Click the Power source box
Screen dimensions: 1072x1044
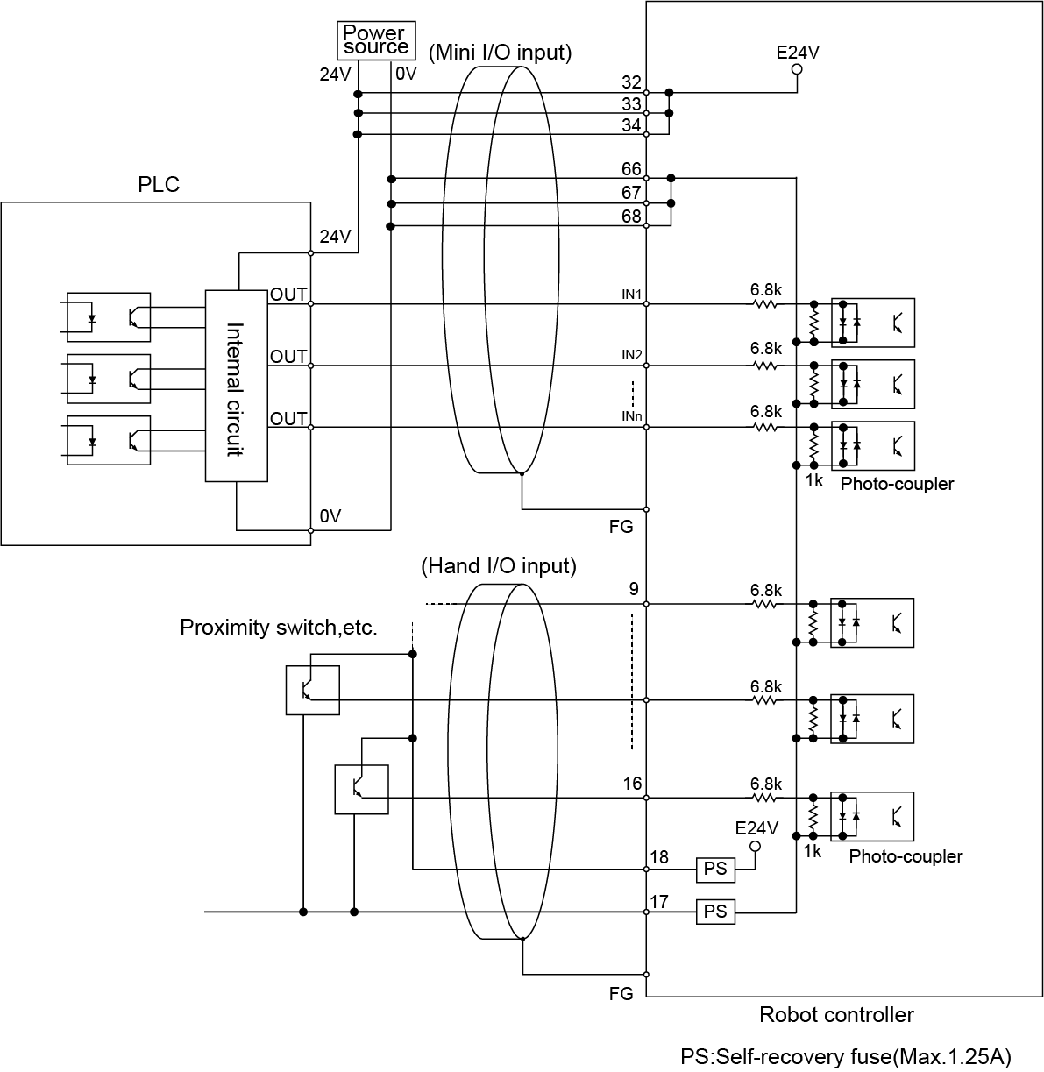point(376,40)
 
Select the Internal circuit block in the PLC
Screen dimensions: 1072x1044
point(236,386)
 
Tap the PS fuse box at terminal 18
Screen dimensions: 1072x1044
point(715,869)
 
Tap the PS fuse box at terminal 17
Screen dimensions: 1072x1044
point(715,912)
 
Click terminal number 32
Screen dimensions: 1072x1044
point(631,82)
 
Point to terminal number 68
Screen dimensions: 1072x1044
point(631,216)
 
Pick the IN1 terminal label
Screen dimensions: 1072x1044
point(632,294)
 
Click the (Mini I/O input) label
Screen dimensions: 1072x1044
point(500,53)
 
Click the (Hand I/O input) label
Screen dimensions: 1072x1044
point(499,566)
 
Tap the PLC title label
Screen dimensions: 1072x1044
point(159,184)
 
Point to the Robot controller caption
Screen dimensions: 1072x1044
point(836,1015)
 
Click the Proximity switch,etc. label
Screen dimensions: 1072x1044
point(278,628)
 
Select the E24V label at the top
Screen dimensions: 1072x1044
point(798,52)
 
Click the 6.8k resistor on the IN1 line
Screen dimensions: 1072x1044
point(765,303)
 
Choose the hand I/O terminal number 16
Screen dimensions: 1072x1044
point(632,784)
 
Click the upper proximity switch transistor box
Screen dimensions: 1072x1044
point(313,690)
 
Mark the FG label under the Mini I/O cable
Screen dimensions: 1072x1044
point(621,528)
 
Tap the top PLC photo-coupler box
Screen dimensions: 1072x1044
point(109,316)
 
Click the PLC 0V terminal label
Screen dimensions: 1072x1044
point(330,516)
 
